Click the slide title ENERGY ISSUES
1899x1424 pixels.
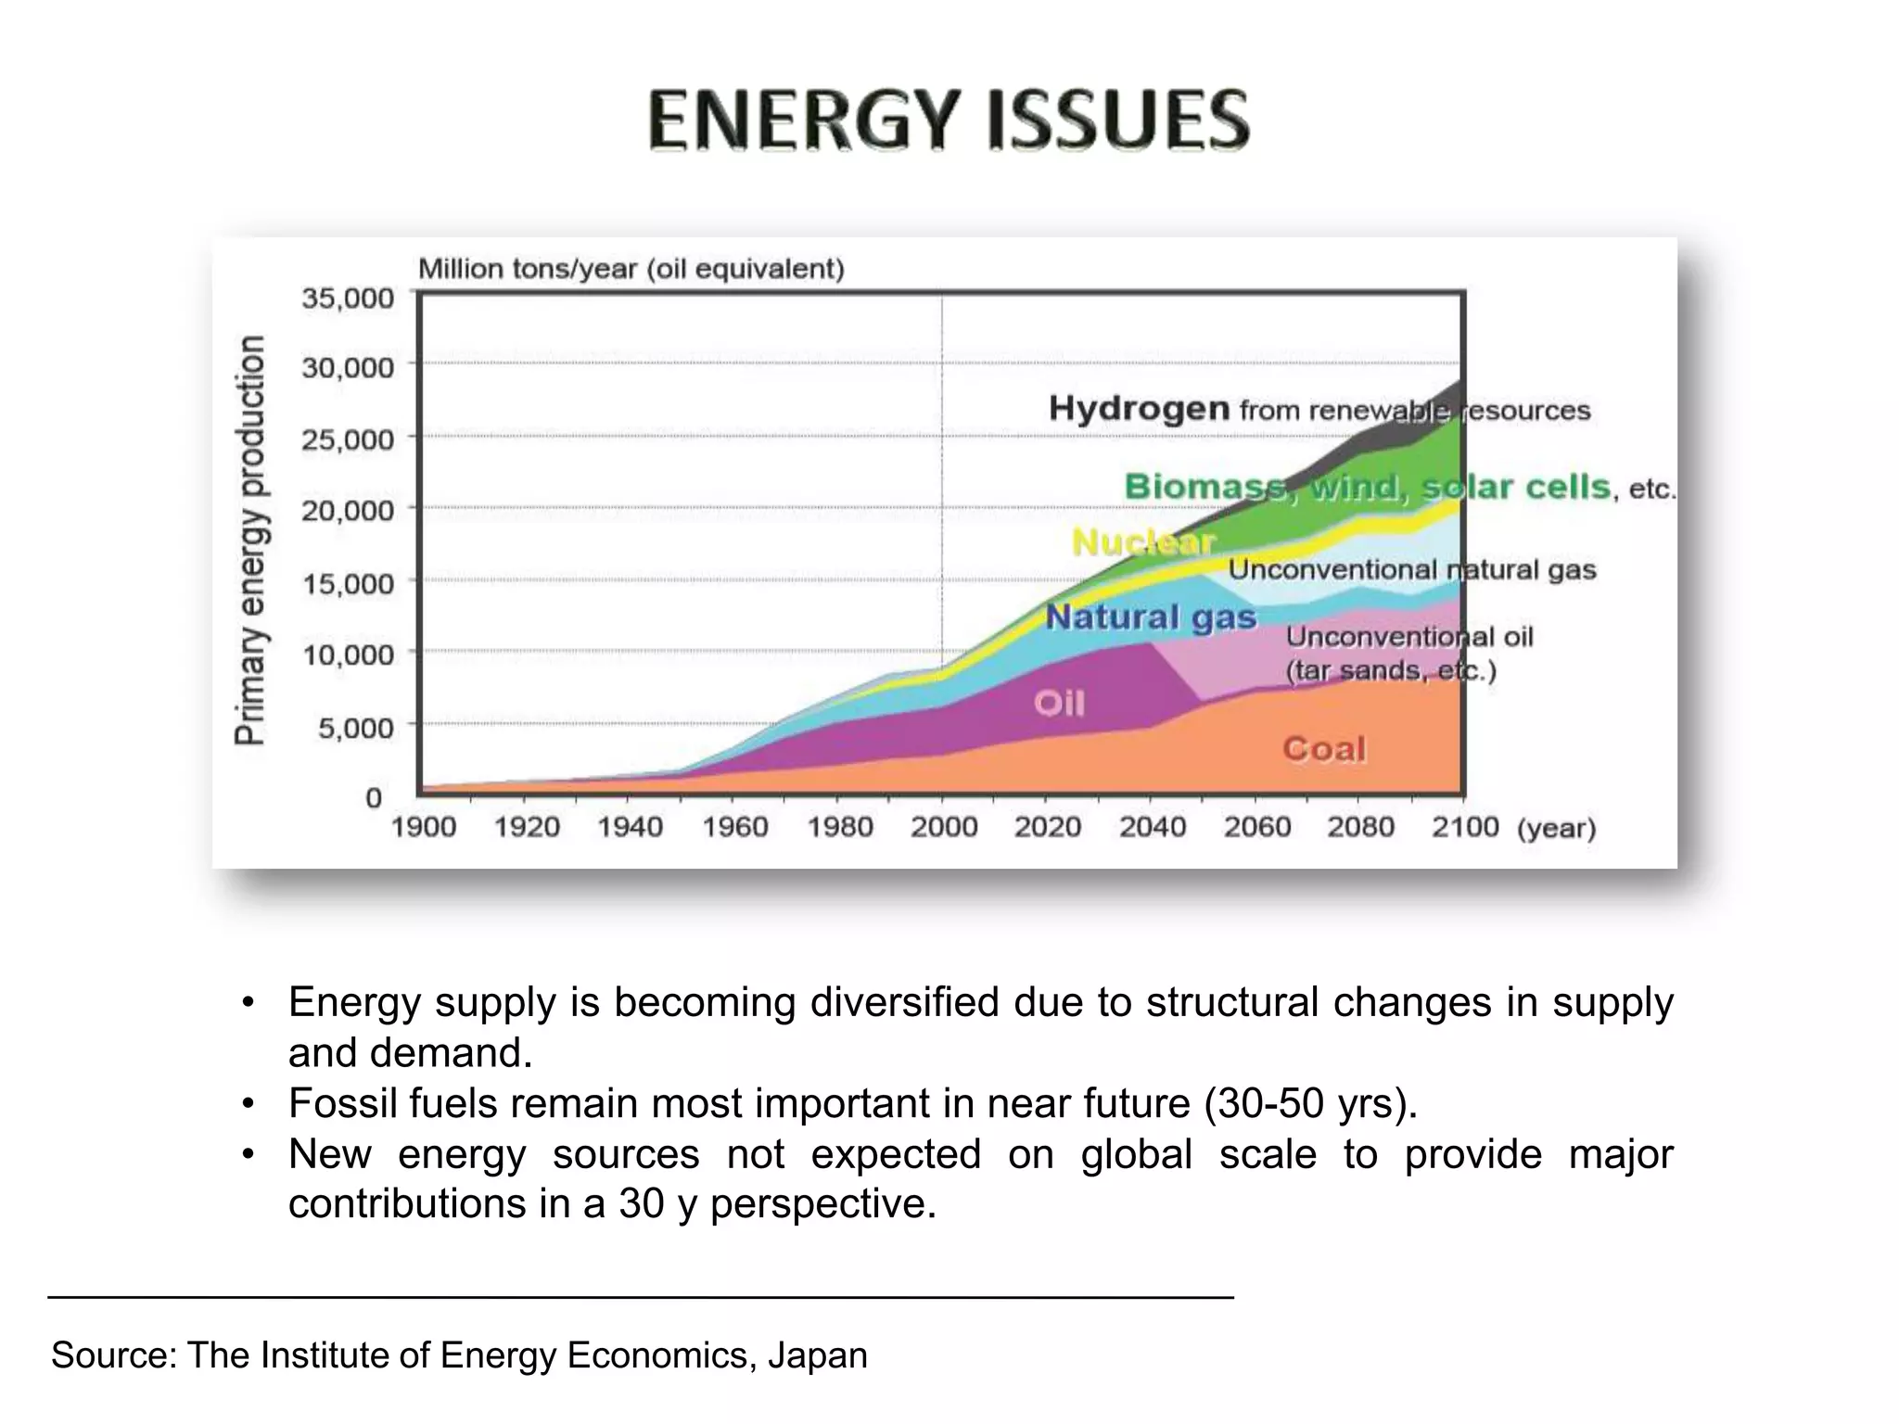coord(949,121)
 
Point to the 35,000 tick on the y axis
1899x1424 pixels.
coord(348,299)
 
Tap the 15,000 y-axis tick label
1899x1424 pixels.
coord(348,583)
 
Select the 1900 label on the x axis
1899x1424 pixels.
coord(423,827)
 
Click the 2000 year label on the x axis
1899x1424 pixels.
coord(943,827)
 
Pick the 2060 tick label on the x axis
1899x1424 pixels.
coord(1256,827)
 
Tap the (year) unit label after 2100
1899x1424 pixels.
coord(1556,828)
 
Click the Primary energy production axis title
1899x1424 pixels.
coord(249,540)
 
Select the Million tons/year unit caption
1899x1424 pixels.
coord(631,269)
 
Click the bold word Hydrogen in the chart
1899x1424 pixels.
coord(1139,409)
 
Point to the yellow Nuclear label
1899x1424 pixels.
coord(1142,542)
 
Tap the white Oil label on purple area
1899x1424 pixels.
coord(1059,704)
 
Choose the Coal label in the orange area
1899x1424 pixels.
coord(1324,749)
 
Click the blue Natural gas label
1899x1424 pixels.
coord(1151,617)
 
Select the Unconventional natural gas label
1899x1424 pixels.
coord(1412,569)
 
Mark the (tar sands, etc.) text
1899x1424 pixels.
coord(1391,670)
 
